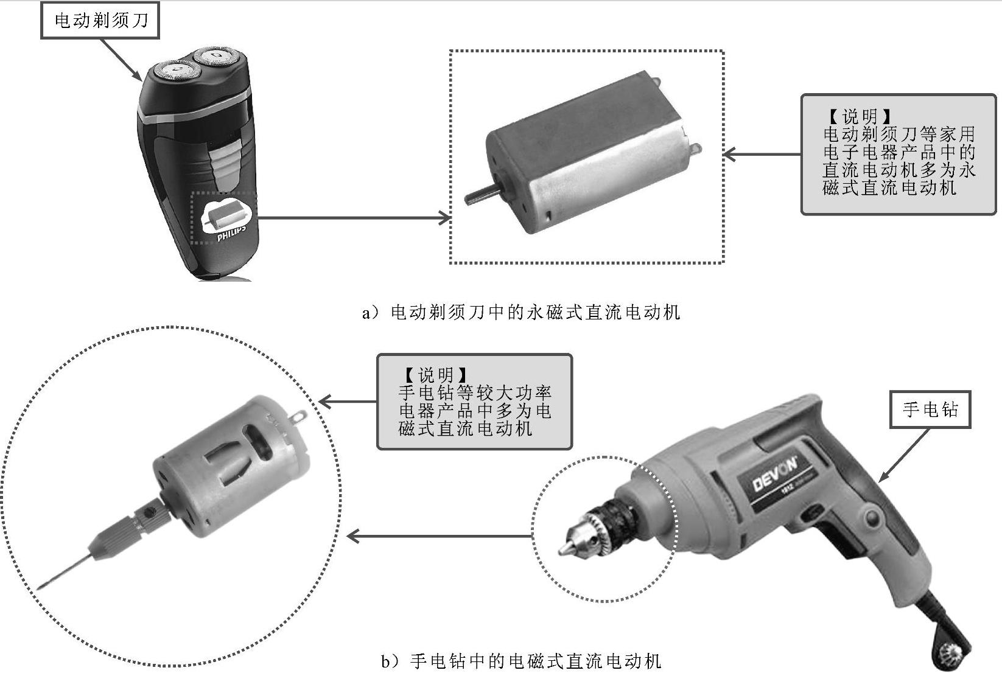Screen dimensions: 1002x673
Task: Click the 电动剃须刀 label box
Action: click(x=100, y=20)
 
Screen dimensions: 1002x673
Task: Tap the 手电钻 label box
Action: click(x=930, y=410)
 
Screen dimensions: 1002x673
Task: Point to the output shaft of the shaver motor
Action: click(x=480, y=195)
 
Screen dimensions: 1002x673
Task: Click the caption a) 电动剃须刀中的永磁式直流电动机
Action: click(x=520, y=312)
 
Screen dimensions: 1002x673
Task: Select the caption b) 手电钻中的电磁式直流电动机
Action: click(x=521, y=661)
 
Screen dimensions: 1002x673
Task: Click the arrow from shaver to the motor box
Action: click(x=354, y=218)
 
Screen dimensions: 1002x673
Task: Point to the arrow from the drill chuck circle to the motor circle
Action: click(x=440, y=535)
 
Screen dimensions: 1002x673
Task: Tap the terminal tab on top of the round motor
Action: click(x=298, y=417)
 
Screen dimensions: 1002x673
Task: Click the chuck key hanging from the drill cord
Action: click(x=952, y=656)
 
